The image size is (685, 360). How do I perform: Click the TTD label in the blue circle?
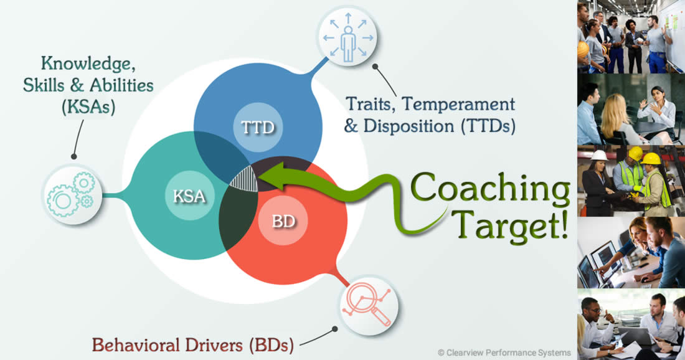[x=258, y=128]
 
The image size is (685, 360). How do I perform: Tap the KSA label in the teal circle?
[x=189, y=196]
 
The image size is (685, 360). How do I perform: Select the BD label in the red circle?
[x=283, y=221]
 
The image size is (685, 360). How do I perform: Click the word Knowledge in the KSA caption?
[x=88, y=64]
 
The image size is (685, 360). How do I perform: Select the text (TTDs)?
[x=488, y=126]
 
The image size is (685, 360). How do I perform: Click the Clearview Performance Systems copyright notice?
[x=504, y=353]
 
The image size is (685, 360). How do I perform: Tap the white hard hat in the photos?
[x=598, y=155]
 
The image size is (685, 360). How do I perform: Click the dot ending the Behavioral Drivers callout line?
[x=334, y=329]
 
